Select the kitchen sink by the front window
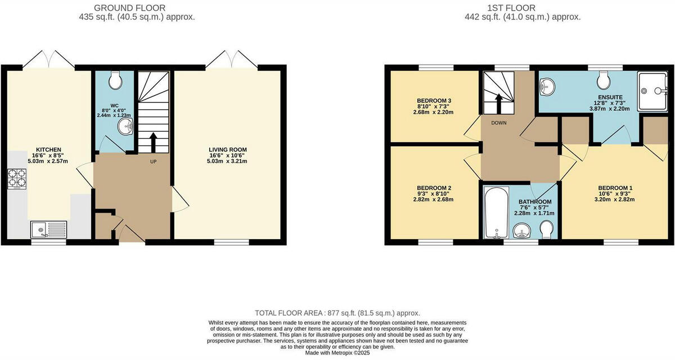pyautogui.click(x=48, y=229)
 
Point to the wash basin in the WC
pyautogui.click(x=125, y=128)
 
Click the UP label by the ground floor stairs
pyautogui.click(x=154, y=162)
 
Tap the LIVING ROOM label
pyautogui.click(x=227, y=150)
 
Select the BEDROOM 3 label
pyautogui.click(x=434, y=101)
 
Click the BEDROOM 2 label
pyautogui.click(x=434, y=188)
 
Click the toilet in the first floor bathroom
pyautogui.click(x=546, y=229)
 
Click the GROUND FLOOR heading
pyautogui.click(x=129, y=8)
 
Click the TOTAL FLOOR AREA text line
pyautogui.click(x=337, y=313)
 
